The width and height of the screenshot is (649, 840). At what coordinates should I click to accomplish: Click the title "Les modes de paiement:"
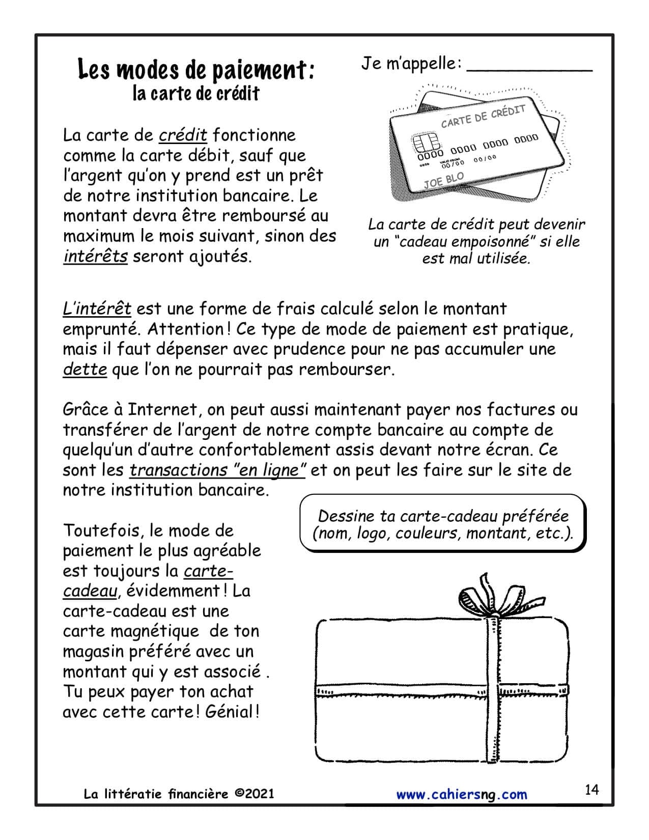196,70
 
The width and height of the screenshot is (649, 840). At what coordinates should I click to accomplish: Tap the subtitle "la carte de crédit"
196,94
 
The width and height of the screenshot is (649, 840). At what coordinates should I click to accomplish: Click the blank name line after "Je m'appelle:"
529,66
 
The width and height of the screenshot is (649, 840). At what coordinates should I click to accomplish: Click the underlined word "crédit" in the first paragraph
183,135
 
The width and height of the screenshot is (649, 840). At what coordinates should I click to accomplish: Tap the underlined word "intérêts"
95,256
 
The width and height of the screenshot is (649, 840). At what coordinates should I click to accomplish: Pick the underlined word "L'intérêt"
97,309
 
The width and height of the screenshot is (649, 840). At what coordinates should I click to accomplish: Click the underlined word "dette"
84,369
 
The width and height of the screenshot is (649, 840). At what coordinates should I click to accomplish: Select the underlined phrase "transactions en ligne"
217,470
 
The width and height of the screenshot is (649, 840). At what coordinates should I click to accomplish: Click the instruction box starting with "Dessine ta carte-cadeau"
443,524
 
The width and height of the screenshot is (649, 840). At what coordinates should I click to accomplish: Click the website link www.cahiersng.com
462,794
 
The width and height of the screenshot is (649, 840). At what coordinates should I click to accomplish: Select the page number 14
592,790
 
